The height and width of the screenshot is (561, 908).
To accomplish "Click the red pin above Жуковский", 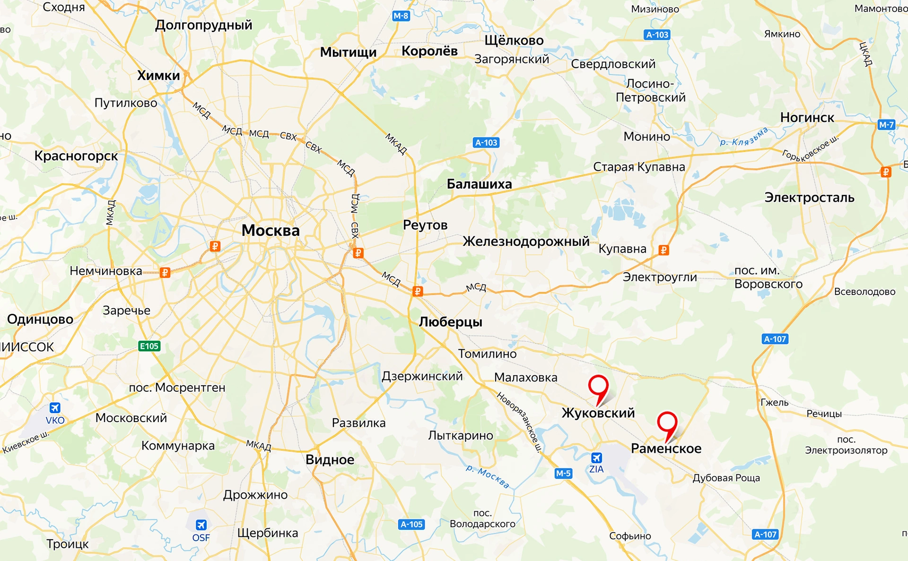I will point(598,386).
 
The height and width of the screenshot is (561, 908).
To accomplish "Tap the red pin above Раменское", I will point(667,422).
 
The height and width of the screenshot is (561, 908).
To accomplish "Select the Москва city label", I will point(271,231).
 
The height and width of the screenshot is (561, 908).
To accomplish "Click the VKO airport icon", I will point(55,407).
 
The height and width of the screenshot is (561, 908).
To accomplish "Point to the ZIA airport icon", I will point(596,457).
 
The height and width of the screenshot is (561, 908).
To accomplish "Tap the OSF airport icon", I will point(201,525).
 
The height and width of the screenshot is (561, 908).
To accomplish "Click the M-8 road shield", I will point(401,16).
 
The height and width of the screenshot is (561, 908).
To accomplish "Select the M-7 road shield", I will point(886,125).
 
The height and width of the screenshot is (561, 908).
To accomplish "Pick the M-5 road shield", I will point(563,473).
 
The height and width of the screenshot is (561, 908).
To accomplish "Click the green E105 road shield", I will point(149,346).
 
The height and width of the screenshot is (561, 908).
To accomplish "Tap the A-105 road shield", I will point(411,524).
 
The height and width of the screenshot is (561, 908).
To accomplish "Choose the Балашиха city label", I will point(479,184).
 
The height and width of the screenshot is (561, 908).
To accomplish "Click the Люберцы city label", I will point(450,322).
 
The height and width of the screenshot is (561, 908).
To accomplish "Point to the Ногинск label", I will point(807,117).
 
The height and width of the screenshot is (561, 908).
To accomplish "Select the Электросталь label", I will point(809,198).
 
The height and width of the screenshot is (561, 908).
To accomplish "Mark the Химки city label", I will point(158,76).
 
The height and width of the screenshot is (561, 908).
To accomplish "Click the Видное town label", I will point(330,459).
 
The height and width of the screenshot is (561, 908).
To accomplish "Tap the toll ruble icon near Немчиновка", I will point(165,273).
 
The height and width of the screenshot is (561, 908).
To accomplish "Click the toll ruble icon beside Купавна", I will point(664,250).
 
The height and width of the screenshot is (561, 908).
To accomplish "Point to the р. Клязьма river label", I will point(743,138).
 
